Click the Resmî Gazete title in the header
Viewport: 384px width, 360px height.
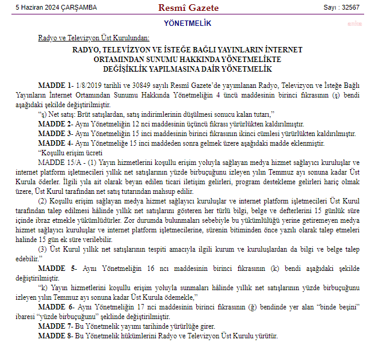pos(187,7)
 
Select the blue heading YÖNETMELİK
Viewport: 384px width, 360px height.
pos(187,23)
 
